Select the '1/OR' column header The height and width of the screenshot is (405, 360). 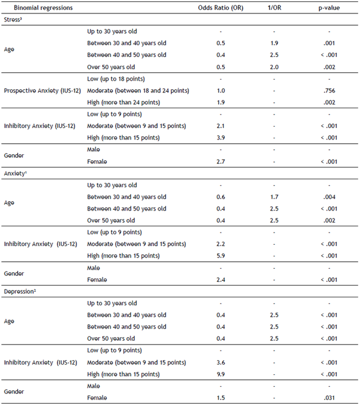pos(274,9)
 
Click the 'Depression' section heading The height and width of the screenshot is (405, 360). pos(20,292)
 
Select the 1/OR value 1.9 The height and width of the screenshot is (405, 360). pos(274,43)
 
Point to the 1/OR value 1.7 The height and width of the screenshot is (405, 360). pos(274,197)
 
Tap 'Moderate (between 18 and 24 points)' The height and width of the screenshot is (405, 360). pos(138,91)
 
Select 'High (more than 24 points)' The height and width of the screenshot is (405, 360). pos(124,102)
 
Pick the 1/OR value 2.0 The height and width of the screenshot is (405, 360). pos(274,67)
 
